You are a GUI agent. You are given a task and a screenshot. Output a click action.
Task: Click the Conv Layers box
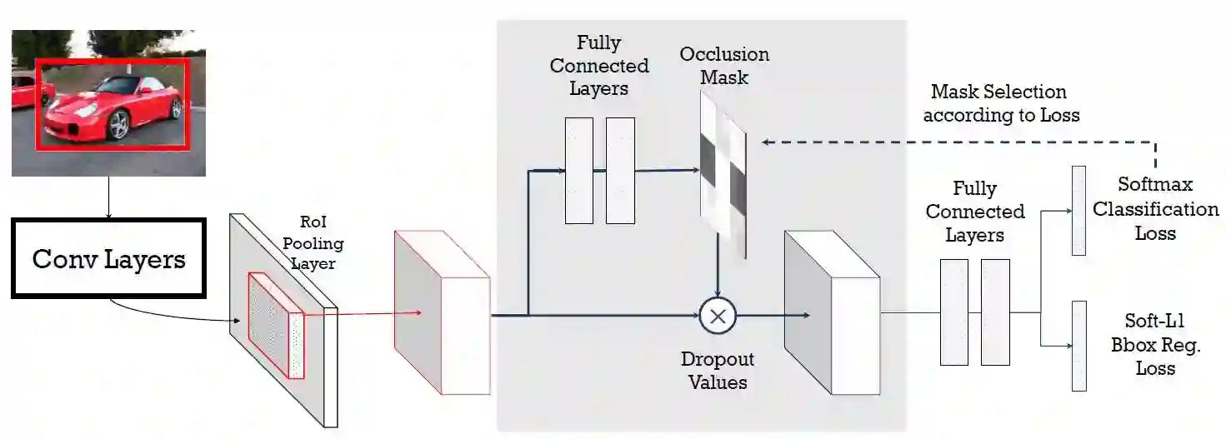108,258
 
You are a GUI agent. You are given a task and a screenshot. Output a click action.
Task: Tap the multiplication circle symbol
718,316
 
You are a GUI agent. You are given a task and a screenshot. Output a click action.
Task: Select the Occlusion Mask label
724,66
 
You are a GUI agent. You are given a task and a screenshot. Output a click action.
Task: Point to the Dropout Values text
718,371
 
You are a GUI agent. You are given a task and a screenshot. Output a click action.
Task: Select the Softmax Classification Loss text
1155,208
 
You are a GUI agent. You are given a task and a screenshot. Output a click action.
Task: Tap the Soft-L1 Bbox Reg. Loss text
1155,345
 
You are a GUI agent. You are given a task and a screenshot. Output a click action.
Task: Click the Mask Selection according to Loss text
1000,103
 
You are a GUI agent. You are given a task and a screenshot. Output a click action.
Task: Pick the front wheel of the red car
118,125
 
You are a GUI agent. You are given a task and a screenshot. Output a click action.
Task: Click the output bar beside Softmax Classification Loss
1078,210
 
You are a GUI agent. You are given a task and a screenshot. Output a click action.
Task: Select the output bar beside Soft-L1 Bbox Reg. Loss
1078,346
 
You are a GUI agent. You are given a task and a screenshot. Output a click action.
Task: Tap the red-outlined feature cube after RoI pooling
442,312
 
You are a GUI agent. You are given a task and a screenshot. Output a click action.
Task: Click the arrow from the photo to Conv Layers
108,197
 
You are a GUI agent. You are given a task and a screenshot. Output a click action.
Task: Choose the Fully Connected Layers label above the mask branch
598,66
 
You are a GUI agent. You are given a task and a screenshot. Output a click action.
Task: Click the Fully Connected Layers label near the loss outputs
974,212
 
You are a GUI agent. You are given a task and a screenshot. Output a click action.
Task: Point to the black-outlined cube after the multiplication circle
832,312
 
